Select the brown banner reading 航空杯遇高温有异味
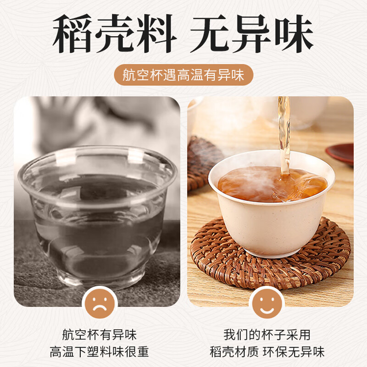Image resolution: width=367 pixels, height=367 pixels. (x=183, y=75)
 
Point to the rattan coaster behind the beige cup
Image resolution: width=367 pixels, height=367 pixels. (x=202, y=161)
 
